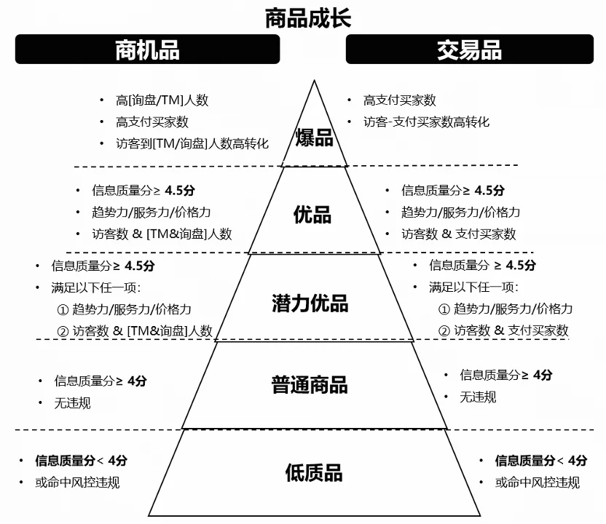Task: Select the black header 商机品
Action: tap(147, 49)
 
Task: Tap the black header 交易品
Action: tap(469, 49)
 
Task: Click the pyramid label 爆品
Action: tap(314, 138)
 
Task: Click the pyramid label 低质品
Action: tap(313, 473)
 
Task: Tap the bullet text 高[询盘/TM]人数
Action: tap(162, 100)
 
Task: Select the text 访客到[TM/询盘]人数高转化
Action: tap(192, 143)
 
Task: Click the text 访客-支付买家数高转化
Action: tap(426, 122)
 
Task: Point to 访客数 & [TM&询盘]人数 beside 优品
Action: tap(162, 234)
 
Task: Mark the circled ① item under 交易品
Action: tap(505, 309)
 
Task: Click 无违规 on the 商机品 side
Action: tap(73, 402)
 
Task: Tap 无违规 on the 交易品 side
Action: tap(478, 397)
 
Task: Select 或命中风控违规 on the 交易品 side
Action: tap(538, 482)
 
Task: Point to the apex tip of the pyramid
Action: tap(314, 80)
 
